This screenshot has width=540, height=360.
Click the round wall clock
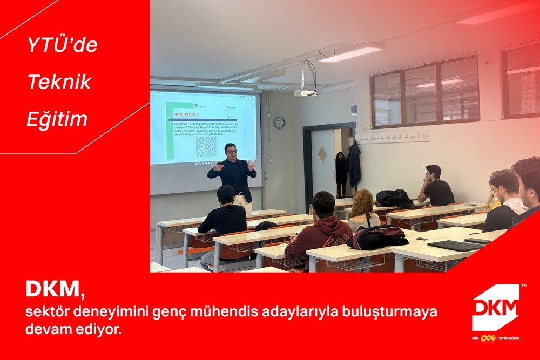point(279,123)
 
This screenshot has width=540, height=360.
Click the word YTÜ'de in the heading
point(63,45)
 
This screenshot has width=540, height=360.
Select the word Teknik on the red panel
point(59,82)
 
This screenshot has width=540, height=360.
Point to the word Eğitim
point(57,119)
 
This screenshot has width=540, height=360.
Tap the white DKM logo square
point(496,307)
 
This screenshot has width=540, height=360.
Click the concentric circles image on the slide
point(206,146)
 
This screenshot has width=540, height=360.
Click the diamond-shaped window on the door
point(322,154)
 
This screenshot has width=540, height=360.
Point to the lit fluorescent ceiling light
point(351,52)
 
